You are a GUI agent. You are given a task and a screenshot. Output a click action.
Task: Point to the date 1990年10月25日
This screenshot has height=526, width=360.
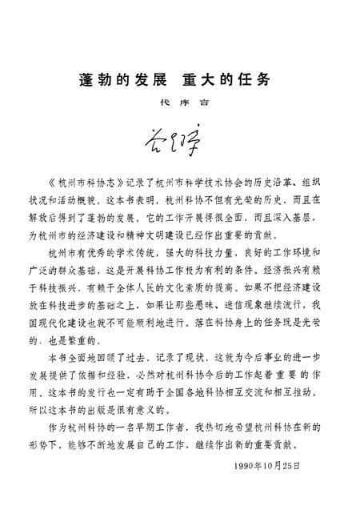click(270, 465)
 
